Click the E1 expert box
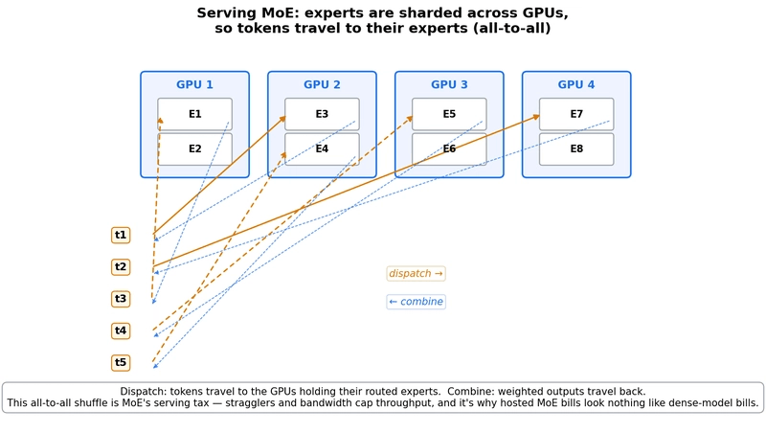tap(194, 114)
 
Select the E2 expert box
tap(194, 149)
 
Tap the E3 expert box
tap(322, 114)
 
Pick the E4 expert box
tap(322, 149)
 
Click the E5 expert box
tap(449, 114)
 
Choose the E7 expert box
tap(576, 114)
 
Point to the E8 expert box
tap(576, 149)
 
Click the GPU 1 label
tap(194, 84)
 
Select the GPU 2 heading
tap(322, 84)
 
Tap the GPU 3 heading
tap(449, 84)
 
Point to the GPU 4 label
tap(576, 84)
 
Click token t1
tap(121, 235)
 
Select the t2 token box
tap(121, 267)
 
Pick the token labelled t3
tap(121, 299)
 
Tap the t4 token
tap(121, 330)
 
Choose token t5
tap(121, 363)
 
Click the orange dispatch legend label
tap(417, 274)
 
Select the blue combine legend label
tap(417, 302)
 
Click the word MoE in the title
tap(273, 12)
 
